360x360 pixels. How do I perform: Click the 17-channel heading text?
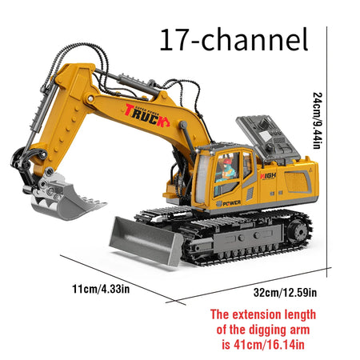[234, 39]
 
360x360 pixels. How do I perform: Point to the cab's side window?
[227, 172]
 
